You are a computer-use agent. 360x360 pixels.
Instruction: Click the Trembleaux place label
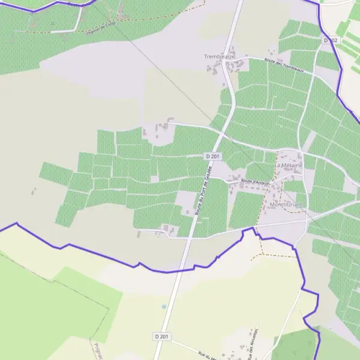click(218, 56)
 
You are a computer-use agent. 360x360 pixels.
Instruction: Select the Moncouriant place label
click(286, 205)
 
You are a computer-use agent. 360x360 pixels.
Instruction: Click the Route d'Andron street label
click(256, 181)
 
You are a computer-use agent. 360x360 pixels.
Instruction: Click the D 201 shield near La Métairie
click(213, 156)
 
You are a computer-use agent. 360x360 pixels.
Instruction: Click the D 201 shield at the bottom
click(161, 337)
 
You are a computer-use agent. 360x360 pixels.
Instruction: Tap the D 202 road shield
click(331, 40)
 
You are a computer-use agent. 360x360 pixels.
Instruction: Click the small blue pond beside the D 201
click(163, 307)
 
